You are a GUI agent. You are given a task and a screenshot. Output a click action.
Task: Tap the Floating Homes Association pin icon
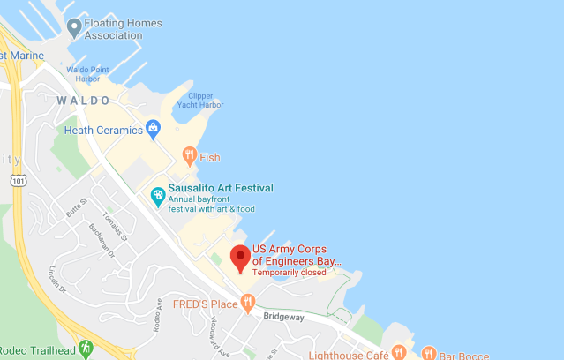pyautogui.click(x=74, y=28)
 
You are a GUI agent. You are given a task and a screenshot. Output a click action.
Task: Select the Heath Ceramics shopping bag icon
pyautogui.click(x=153, y=130)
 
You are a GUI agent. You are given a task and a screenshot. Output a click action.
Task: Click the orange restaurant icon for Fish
pyautogui.click(x=189, y=157)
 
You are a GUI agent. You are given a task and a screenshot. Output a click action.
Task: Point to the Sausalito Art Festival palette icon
pyautogui.click(x=158, y=194)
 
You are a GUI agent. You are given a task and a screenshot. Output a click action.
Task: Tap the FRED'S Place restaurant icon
pyautogui.click(x=249, y=304)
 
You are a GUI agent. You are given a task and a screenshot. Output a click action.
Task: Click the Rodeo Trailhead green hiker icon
pyautogui.click(x=86, y=349)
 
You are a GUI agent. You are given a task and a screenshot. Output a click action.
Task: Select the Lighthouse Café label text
pyautogui.click(x=349, y=355)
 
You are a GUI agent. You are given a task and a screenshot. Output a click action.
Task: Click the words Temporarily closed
pyautogui.click(x=290, y=273)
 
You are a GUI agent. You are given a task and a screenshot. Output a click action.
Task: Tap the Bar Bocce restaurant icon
pyautogui.click(x=428, y=354)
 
